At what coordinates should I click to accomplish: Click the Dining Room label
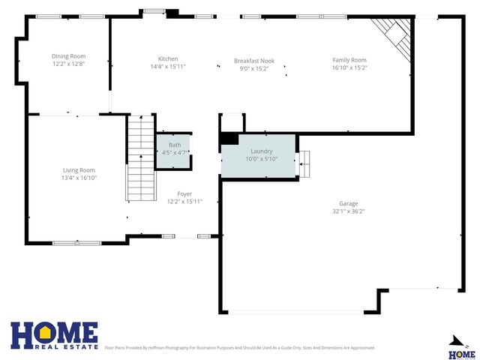(x=68, y=56)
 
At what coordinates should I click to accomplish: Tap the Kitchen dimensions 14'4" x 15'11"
(x=168, y=67)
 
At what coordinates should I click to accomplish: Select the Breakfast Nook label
(x=253, y=61)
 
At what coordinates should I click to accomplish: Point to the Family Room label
(x=349, y=60)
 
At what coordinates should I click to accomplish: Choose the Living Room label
(x=79, y=170)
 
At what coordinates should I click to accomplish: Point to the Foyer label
(x=184, y=194)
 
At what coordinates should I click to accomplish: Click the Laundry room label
(x=261, y=151)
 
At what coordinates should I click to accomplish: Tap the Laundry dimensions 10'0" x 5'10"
(x=261, y=158)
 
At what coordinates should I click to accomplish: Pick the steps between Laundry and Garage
(x=304, y=162)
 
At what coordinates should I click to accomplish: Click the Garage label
(x=348, y=204)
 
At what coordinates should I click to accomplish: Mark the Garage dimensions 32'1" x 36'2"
(x=348, y=211)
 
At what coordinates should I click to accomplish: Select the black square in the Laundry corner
(x=228, y=138)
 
